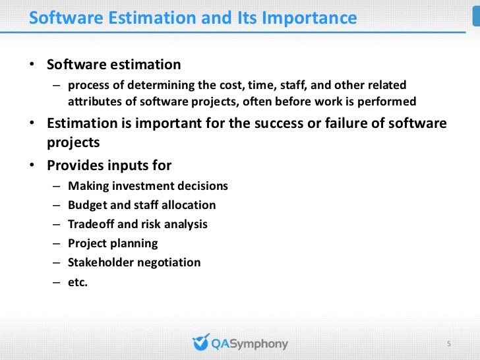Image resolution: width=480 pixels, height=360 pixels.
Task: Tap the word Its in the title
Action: click(x=248, y=18)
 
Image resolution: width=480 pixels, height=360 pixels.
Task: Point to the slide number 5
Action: click(x=449, y=344)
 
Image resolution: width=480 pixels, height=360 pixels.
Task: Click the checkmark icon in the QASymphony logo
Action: click(x=200, y=343)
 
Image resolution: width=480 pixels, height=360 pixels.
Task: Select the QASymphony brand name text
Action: click(x=249, y=344)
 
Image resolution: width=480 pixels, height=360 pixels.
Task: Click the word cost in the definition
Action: click(x=237, y=85)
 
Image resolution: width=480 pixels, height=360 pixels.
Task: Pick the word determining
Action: click(x=173, y=85)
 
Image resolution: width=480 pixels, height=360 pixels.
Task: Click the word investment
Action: click(x=144, y=186)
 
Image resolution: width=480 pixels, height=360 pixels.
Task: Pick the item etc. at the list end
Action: click(x=78, y=282)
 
